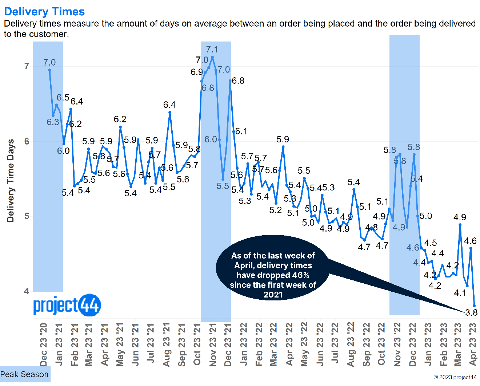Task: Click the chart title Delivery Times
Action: tap(44, 12)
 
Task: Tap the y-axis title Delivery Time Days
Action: tap(11, 181)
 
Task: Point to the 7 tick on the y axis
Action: tap(27, 66)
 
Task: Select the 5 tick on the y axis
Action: tap(27, 216)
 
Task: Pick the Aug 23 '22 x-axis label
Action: tap(351, 344)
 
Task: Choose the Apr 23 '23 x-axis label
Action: tap(473, 344)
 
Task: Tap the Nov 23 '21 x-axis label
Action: tap(213, 344)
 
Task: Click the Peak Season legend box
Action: tap(25, 374)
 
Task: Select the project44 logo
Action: tap(67, 305)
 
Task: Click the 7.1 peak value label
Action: tap(212, 50)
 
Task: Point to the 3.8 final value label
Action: tap(471, 313)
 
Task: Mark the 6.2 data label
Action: tap(120, 119)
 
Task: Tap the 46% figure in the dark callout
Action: tap(301, 275)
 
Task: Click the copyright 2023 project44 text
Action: tap(455, 377)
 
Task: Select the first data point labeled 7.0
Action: tap(49, 70)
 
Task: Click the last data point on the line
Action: tap(474, 306)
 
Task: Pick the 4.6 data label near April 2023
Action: tap(470, 241)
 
